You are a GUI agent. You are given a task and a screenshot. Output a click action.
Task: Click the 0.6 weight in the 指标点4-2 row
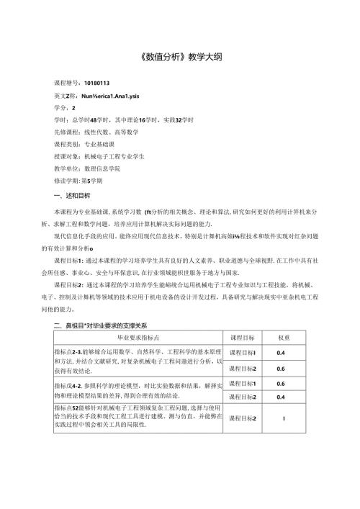(282, 384)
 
